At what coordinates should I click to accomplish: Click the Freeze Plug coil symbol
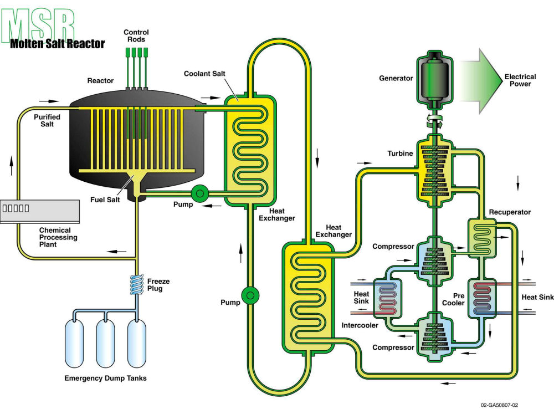(136, 286)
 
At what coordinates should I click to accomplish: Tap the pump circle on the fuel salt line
(198, 193)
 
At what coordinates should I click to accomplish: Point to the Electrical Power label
(520, 80)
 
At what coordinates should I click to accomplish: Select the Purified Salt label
(47, 120)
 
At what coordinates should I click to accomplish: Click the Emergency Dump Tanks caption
(105, 379)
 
